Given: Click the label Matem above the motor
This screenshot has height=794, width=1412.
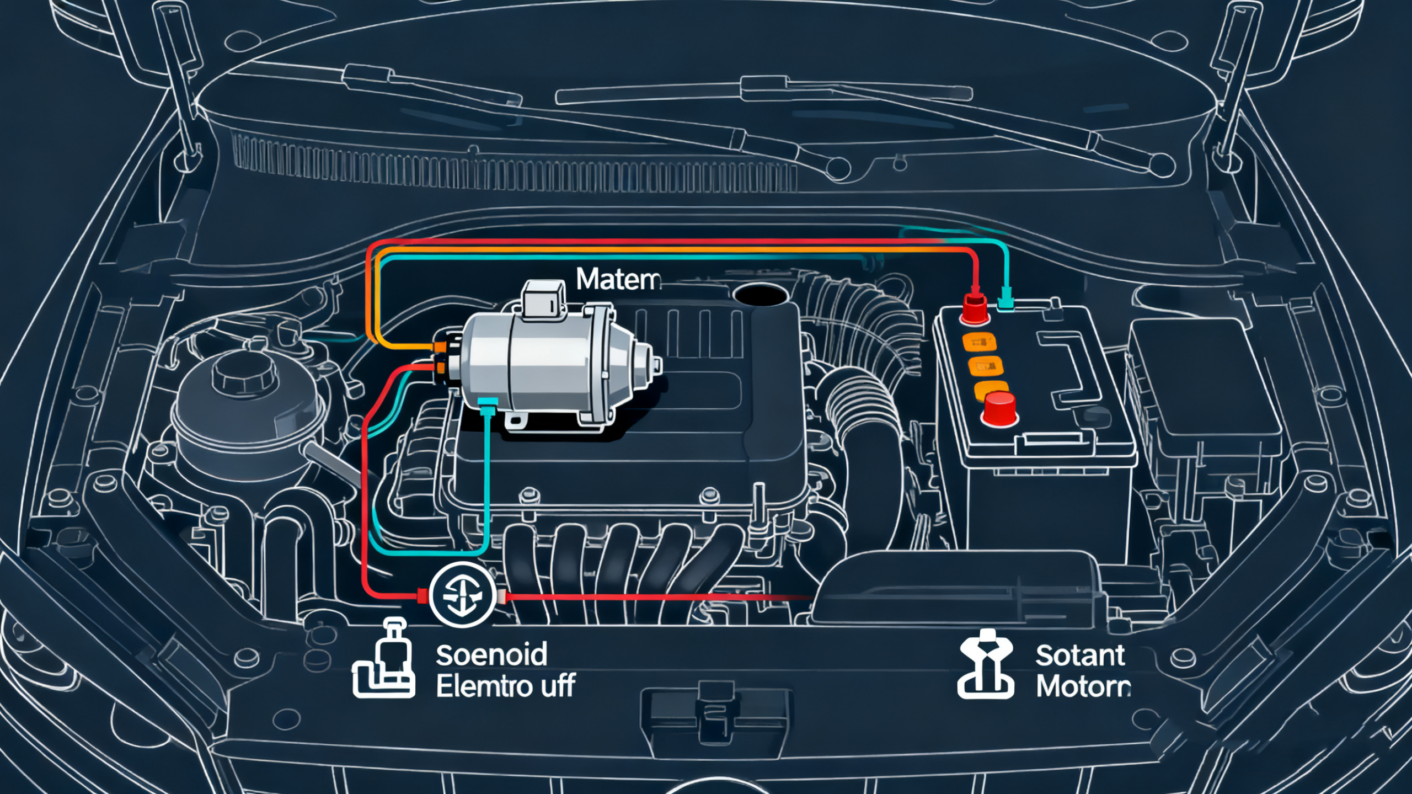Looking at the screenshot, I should [x=617, y=280].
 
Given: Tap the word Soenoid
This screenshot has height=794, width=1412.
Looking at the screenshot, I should [x=491, y=655].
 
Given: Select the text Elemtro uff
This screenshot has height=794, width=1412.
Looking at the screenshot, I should [x=505, y=686].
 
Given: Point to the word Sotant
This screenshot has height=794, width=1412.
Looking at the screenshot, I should [x=1079, y=656].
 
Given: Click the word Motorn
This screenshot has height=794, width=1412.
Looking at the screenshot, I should [x=1083, y=686].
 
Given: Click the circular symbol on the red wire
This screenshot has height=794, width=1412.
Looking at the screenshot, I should [x=462, y=595].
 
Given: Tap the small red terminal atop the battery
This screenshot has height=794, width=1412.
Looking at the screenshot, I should [x=975, y=308].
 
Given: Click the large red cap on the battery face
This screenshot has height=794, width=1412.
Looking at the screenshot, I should [x=999, y=408].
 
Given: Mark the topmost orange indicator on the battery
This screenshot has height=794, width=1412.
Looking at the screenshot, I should [x=979, y=343].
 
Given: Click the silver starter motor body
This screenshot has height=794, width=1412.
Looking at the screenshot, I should [x=546, y=364].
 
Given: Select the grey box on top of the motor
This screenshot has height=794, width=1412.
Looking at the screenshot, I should [x=544, y=299].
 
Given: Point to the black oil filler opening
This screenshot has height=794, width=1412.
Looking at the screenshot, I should [x=761, y=295].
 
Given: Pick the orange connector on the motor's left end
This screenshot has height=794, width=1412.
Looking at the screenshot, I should [x=441, y=347].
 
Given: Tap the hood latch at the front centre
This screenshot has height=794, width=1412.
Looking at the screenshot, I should [x=715, y=712].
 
